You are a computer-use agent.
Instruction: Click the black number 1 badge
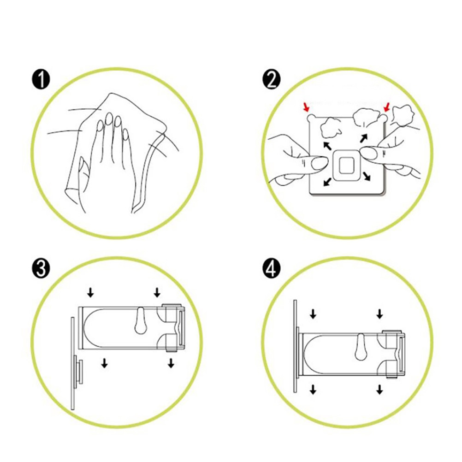click(41, 80)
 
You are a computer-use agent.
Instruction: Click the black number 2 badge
click(272, 80)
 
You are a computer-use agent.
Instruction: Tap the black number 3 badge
click(41, 269)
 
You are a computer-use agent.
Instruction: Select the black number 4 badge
click(272, 269)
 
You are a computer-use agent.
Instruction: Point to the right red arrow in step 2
click(386, 107)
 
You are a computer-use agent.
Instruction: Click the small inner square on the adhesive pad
click(347, 166)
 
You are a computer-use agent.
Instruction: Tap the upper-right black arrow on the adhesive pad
click(364, 137)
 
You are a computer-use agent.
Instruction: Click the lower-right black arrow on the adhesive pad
click(367, 177)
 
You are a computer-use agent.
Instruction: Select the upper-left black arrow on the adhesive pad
click(328, 146)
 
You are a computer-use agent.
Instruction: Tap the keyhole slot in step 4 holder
click(361, 347)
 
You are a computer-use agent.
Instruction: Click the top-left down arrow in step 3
click(90, 293)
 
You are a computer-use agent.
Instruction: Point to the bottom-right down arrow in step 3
click(171, 363)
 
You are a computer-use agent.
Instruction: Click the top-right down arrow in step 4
click(379, 314)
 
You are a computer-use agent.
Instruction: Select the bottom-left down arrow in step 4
click(313, 390)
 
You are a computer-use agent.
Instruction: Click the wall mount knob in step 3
click(78, 372)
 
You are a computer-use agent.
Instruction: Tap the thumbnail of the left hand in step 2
click(319, 163)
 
